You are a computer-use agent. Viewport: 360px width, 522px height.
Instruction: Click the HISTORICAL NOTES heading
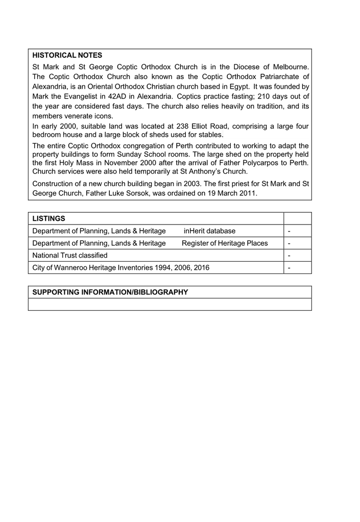coord(67,55)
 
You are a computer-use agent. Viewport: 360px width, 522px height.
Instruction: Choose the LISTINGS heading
coord(49,218)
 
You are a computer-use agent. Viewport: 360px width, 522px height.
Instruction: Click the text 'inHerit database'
coord(209,231)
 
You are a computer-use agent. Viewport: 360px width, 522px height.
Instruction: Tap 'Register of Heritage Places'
coord(225,243)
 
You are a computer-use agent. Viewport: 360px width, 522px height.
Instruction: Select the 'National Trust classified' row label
coord(70,255)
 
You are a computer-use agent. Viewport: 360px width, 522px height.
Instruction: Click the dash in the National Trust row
coord(290,256)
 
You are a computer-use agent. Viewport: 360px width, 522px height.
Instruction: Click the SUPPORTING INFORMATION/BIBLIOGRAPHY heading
coord(110,292)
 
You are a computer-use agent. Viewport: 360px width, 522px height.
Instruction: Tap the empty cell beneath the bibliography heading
coord(170,305)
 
